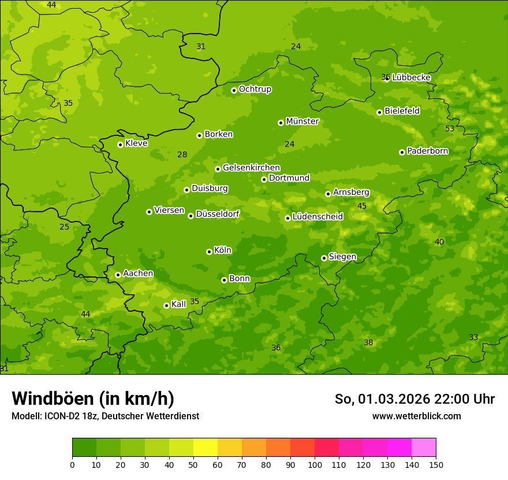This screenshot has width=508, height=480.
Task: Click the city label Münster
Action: tap(302, 121)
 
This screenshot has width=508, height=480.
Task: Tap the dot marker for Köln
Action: tap(209, 252)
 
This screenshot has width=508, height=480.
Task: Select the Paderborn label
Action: tap(427, 151)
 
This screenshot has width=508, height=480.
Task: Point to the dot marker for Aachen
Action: tap(118, 275)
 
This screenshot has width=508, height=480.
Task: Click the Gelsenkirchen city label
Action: tap(251, 168)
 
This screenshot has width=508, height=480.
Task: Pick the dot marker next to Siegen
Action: tap(324, 258)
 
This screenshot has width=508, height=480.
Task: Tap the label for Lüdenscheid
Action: tap(317, 217)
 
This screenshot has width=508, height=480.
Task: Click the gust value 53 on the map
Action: tap(450, 128)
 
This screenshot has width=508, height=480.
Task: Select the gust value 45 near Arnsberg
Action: tap(362, 206)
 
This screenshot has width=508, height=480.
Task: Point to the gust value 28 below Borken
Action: tap(182, 154)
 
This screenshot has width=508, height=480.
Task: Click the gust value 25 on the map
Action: tap(64, 227)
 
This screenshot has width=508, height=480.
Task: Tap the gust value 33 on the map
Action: tap(473, 337)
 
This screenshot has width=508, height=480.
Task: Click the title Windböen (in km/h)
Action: tap(93, 398)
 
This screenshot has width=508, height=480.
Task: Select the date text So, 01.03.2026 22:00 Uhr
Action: tap(414, 399)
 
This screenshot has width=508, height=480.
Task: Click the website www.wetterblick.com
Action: tap(416, 416)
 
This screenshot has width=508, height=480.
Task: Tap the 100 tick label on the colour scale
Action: tap(315, 464)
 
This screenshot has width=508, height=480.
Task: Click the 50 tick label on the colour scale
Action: tap(193, 464)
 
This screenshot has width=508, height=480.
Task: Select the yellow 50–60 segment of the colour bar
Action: tap(206, 448)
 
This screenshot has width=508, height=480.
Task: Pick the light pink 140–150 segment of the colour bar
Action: tap(424, 448)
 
